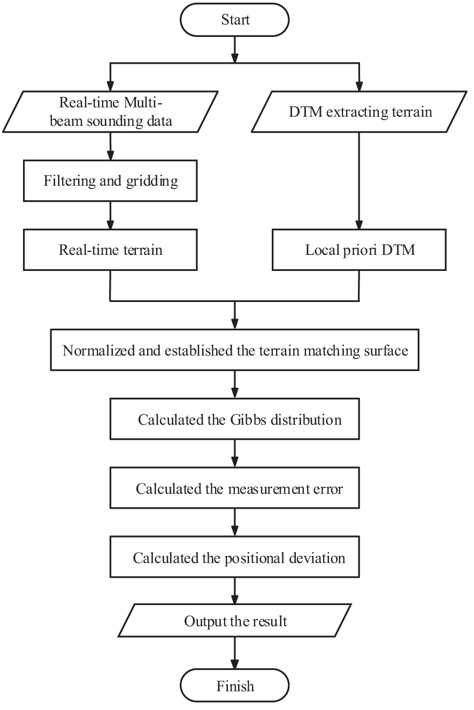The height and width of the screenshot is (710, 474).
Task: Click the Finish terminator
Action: [x=235, y=686]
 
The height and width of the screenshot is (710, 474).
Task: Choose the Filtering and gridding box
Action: [x=110, y=181]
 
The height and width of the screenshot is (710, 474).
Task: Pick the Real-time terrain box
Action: [x=110, y=250]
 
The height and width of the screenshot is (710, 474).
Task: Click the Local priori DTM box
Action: [x=360, y=250]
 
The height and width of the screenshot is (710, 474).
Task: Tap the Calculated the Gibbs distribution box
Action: [x=235, y=419]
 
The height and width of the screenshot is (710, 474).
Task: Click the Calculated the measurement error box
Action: [x=235, y=488]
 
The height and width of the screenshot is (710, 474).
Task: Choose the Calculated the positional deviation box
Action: [x=235, y=557]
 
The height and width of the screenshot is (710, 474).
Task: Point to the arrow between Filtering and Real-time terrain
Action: [x=110, y=215]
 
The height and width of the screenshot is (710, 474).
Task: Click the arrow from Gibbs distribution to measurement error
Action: [x=235, y=454]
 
